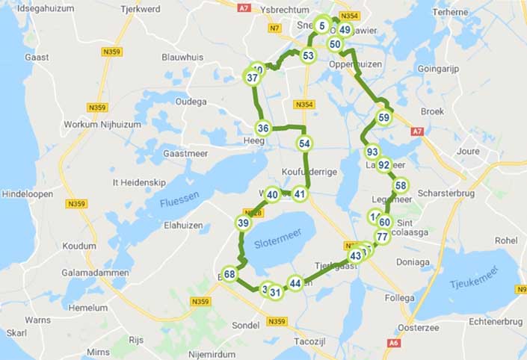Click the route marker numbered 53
click(308, 56)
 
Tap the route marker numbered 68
click(229, 274)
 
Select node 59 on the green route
click(383, 117)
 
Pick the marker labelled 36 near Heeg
click(263, 128)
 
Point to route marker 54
click(303, 143)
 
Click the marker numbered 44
click(295, 283)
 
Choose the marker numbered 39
click(243, 223)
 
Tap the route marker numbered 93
click(372, 152)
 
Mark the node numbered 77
click(381, 238)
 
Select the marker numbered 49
click(345, 30)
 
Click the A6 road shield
click(393, 343)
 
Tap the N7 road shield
click(274, 28)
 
